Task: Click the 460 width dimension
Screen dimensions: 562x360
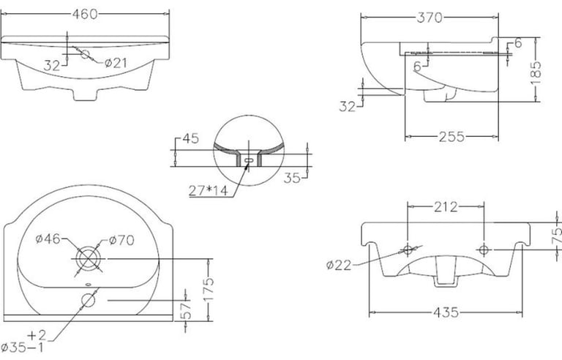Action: point(85,14)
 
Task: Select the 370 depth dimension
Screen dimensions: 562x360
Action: point(430,18)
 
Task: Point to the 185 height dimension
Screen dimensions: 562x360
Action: point(536,72)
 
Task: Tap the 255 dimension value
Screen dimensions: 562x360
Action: point(452,137)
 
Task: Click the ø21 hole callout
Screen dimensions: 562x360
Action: point(116,63)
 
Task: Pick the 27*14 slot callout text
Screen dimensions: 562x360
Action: point(209,191)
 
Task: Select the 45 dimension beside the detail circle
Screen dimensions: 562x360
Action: point(191,138)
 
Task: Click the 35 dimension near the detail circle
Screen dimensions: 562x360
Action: point(292,178)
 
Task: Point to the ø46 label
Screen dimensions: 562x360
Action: point(48,239)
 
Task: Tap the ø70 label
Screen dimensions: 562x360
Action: point(121,240)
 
